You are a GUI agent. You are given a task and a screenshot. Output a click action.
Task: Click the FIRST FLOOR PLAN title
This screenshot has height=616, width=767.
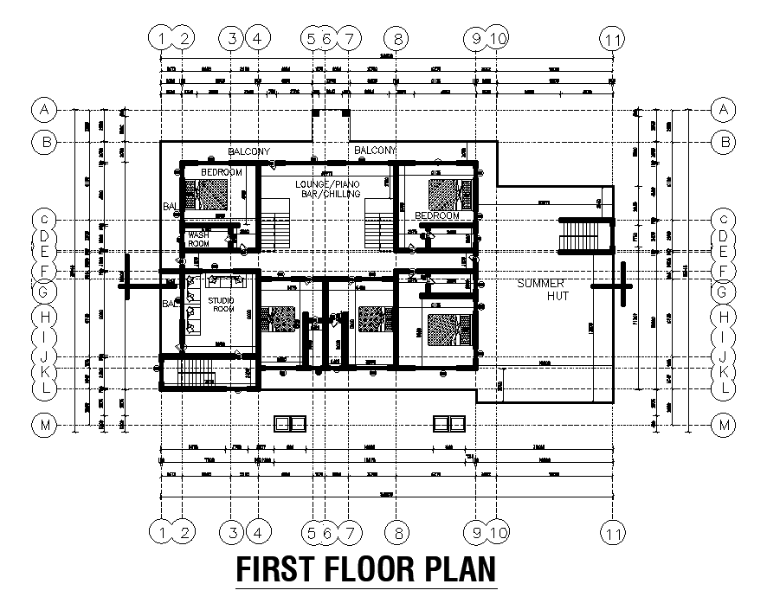tap(367, 570)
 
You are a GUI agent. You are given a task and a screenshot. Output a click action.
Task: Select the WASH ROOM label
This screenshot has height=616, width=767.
tap(198, 238)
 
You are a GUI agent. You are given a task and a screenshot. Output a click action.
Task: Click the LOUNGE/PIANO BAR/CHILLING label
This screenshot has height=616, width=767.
tap(326, 189)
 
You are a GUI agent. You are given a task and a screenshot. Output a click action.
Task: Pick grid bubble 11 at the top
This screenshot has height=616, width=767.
tap(612, 38)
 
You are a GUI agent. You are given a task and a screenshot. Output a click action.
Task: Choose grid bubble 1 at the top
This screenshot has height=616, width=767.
tap(161, 38)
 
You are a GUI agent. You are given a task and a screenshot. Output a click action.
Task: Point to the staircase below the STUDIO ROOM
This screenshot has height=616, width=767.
tap(196, 375)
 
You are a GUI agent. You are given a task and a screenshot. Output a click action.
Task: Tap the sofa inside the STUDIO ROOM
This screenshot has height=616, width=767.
tap(224, 281)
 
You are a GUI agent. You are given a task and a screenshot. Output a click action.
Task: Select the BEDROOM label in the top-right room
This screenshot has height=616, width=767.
tap(437, 215)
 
